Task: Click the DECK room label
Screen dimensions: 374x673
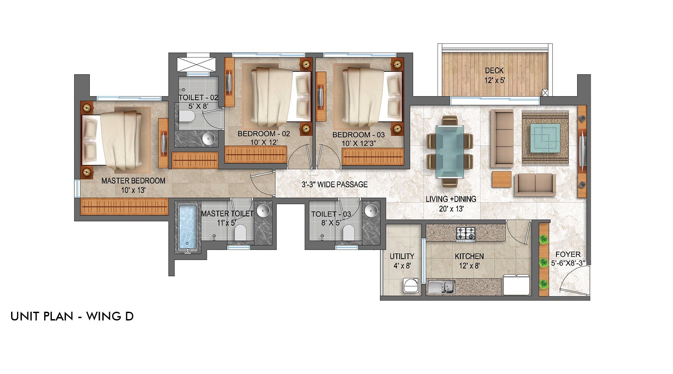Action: tap(494, 71)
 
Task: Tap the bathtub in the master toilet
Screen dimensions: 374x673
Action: tap(187, 227)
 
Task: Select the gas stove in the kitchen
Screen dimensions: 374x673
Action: tap(466, 234)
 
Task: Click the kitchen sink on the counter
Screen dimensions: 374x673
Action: tap(441, 287)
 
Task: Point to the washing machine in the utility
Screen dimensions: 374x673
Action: tap(411, 286)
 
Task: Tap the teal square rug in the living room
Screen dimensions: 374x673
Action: tap(545, 138)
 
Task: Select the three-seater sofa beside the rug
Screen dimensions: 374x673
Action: tap(502, 138)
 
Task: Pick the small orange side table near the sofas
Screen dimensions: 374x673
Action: tap(501, 179)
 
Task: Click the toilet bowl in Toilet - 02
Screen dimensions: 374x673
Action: tap(187, 117)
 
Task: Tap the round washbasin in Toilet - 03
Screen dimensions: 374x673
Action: tap(371, 210)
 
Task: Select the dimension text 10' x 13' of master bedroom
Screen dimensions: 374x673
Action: tap(133, 190)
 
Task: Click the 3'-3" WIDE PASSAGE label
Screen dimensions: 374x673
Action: tap(334, 184)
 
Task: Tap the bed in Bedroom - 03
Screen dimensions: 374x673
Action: tap(372, 96)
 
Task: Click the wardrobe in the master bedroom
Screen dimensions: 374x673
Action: tap(124, 206)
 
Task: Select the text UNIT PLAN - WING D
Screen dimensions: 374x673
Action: tap(72, 316)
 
